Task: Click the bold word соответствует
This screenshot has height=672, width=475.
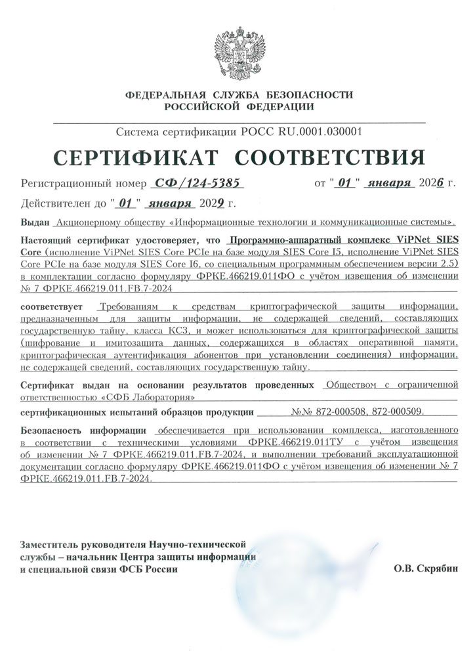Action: point(52,306)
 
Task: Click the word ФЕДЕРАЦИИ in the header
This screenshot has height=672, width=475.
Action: point(278,106)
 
